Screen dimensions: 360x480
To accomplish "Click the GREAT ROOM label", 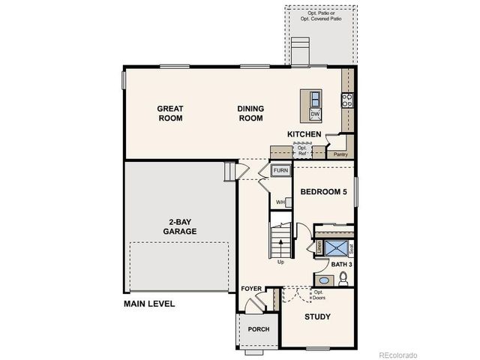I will (170, 113).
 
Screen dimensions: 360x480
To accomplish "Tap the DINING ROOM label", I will (251, 113).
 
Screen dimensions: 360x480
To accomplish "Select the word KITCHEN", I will (304, 135).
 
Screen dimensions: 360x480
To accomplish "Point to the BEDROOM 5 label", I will (324, 192).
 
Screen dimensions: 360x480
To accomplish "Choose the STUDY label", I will (317, 316).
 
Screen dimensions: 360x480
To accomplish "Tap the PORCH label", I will (259, 328).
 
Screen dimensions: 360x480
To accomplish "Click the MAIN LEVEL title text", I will (149, 304).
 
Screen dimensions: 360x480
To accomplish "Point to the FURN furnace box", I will (280, 171).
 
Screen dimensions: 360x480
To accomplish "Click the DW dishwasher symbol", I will (316, 114).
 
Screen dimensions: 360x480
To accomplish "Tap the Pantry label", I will (340, 154).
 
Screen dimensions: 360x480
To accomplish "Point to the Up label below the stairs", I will (280, 262).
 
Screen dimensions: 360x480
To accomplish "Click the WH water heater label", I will (280, 202).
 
